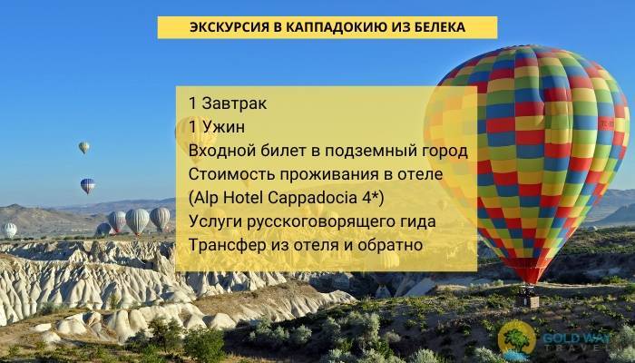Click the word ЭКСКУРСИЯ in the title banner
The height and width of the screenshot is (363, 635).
229,28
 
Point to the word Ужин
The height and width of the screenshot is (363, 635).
223,126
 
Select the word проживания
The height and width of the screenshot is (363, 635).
327,173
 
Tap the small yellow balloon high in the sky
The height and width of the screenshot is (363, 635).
83,147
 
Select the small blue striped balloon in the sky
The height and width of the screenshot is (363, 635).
87,186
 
